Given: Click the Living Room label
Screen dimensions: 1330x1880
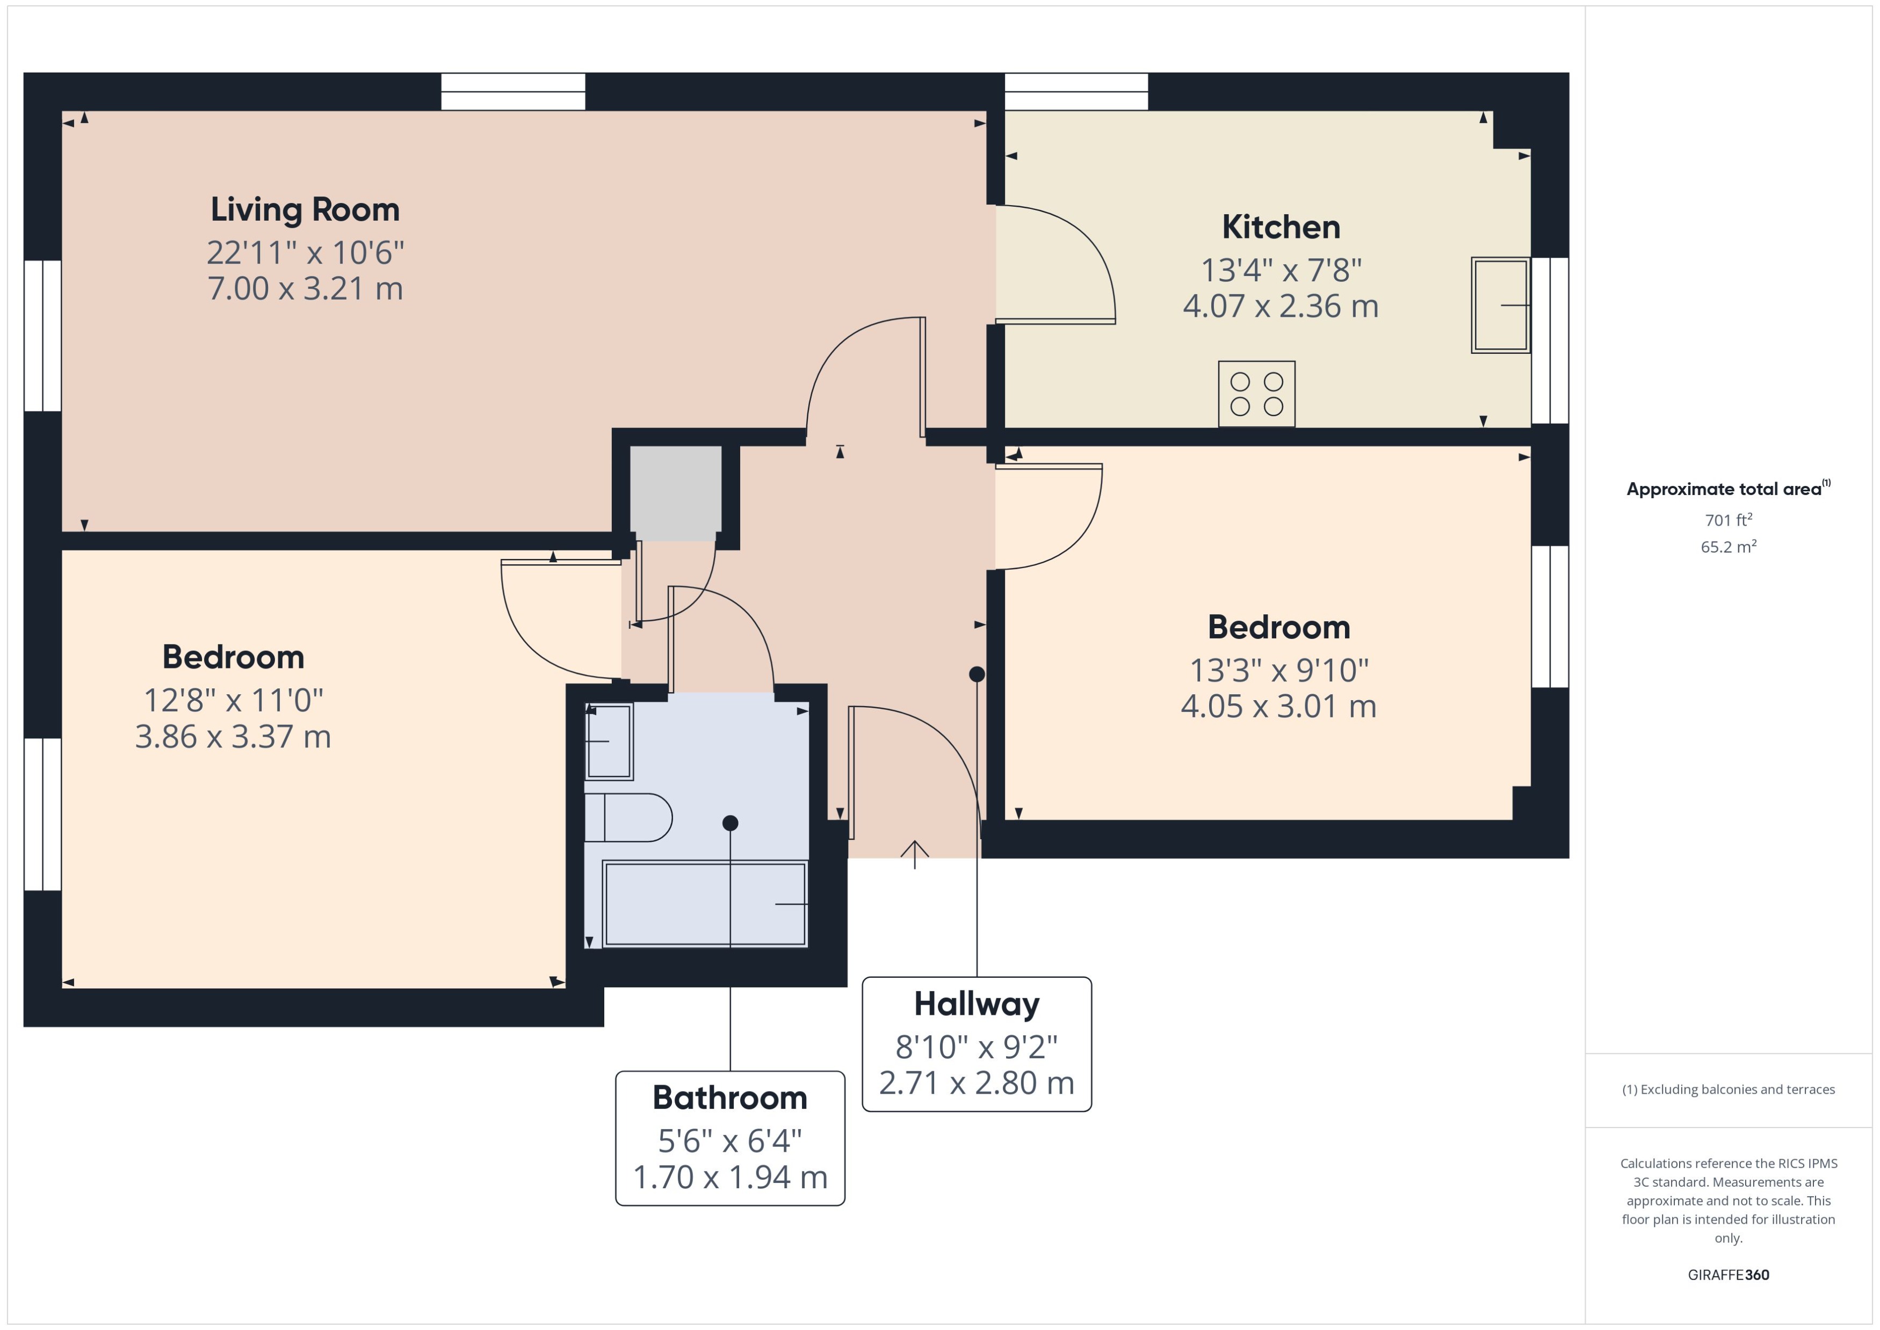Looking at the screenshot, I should click(x=305, y=209).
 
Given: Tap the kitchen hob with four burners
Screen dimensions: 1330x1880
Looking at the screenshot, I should click(x=1256, y=394).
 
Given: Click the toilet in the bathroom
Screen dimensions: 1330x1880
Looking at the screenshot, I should click(x=627, y=817).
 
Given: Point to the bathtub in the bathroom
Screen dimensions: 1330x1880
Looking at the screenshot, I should click(x=705, y=903).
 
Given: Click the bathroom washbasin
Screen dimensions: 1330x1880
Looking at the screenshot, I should click(x=609, y=741).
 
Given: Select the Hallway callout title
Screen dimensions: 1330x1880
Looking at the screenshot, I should click(x=977, y=1004).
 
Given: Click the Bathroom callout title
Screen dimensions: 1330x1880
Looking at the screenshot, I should click(x=729, y=1098).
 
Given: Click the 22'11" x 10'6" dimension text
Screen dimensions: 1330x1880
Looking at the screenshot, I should click(x=305, y=252).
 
